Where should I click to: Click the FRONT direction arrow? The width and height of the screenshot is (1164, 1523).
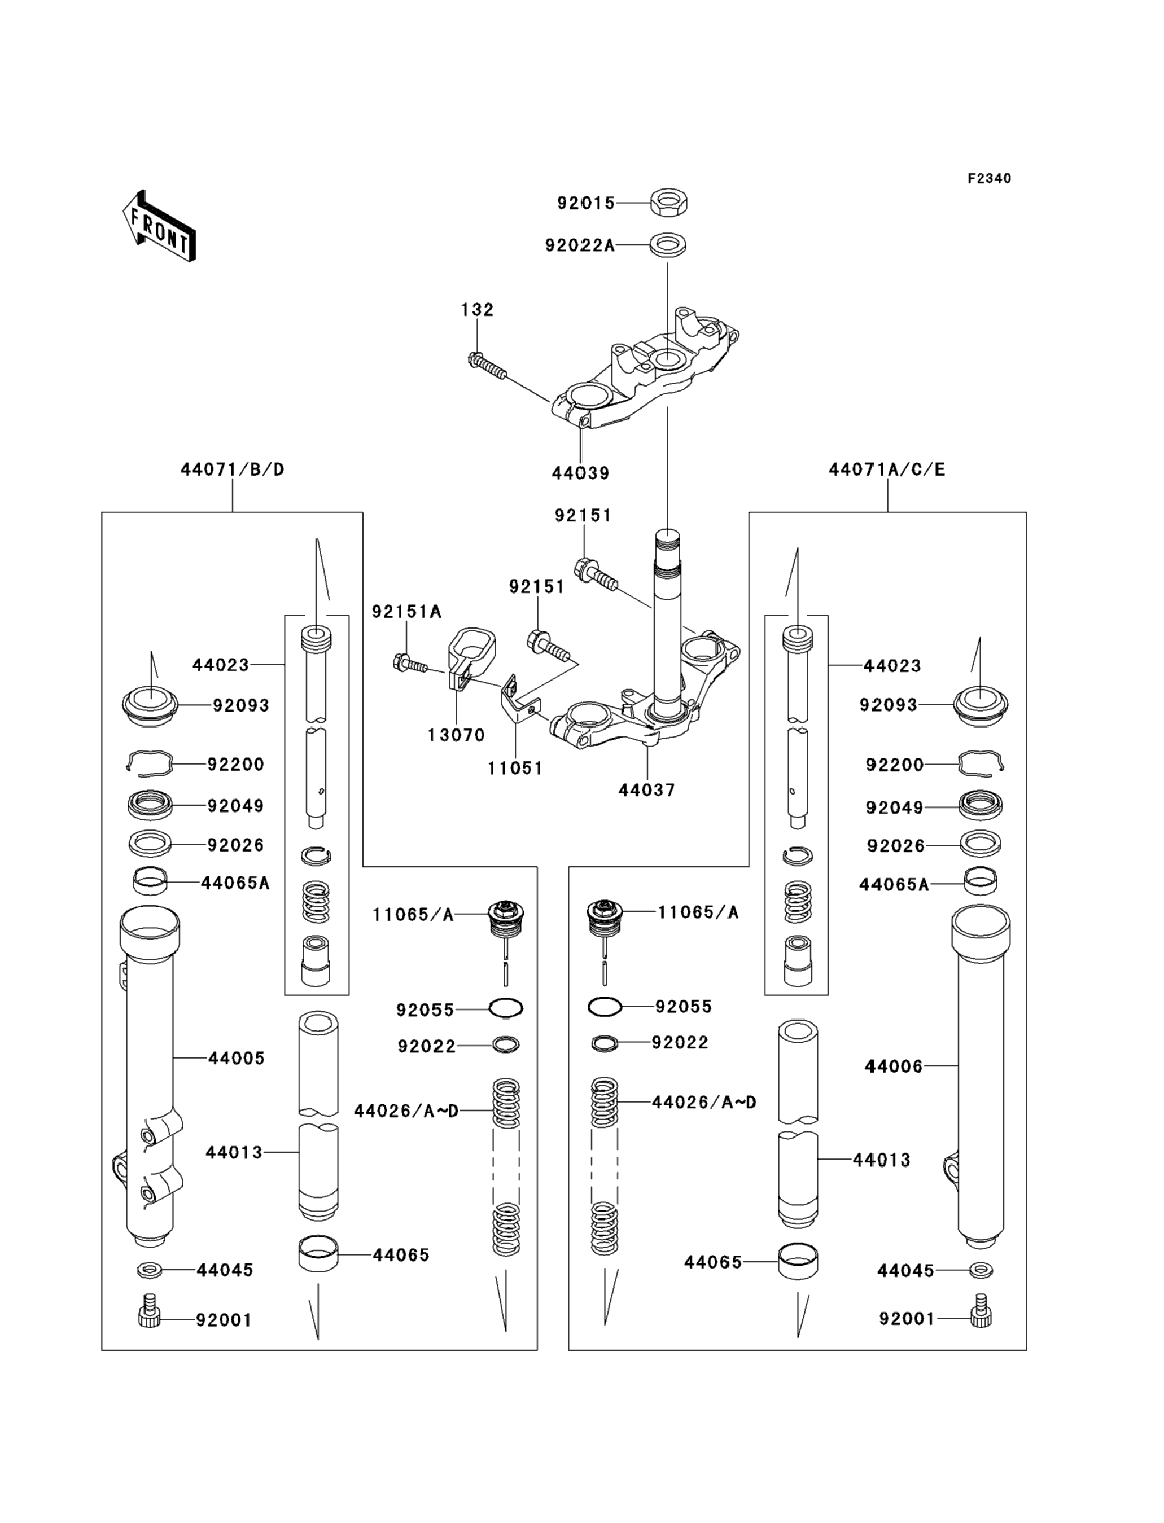[159, 226]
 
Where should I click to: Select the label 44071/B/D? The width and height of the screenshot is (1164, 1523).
[232, 469]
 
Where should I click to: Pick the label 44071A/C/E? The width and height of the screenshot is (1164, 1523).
[887, 469]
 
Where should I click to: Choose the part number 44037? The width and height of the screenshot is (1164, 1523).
[646, 789]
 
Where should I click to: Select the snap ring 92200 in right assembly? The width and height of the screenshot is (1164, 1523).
[980, 763]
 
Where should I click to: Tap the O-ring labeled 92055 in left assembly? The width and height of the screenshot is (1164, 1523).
[506, 1008]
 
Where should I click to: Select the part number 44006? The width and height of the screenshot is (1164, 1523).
[893, 1066]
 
